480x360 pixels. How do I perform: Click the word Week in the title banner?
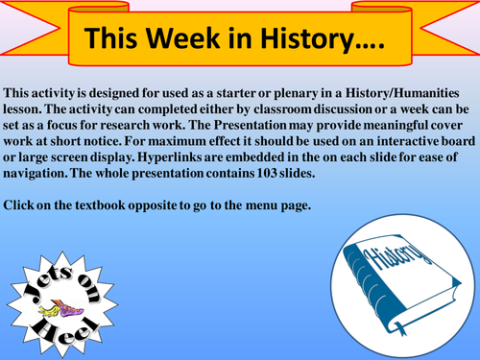click(187, 38)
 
